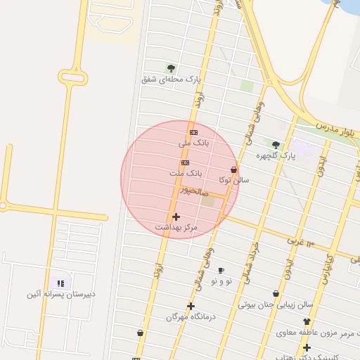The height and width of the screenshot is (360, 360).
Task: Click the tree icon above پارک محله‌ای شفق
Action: coord(171,68)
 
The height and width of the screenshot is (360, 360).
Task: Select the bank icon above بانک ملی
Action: coord(193,132)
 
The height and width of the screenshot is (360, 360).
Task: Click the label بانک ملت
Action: coord(186,172)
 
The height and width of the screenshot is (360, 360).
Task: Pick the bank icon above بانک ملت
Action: coord(185,162)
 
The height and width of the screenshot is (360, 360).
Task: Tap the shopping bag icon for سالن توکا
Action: coord(233,170)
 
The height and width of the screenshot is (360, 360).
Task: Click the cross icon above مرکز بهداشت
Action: coord(176,217)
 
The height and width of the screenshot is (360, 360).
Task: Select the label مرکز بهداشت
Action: coord(176,227)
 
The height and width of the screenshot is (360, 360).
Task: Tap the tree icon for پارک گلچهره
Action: coord(276,145)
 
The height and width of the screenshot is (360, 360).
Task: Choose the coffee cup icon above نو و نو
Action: coord(221,271)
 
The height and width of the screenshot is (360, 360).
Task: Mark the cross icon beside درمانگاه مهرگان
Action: coord(191,306)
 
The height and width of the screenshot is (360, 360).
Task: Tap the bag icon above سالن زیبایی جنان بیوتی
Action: coord(276,294)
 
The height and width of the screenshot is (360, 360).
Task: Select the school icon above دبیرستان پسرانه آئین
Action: coord(60,283)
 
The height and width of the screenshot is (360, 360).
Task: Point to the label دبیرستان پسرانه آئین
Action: coord(61,294)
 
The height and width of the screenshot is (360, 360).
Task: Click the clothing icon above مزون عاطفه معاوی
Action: coord(307,321)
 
